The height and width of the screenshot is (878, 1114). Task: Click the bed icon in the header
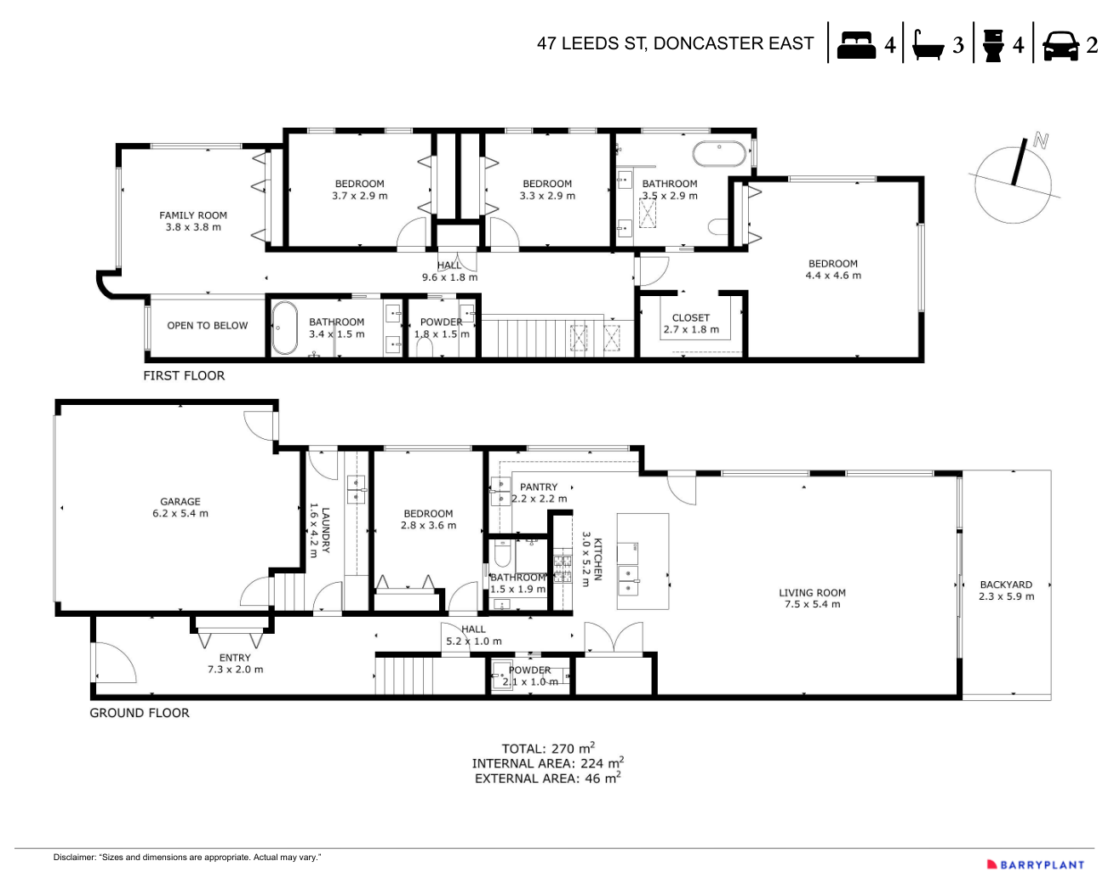coord(856,44)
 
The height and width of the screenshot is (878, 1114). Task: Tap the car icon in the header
coord(1060,45)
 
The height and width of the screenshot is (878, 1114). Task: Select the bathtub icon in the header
coord(927,45)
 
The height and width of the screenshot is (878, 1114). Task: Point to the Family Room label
coord(193,221)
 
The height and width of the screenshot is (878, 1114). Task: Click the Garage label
coord(180,508)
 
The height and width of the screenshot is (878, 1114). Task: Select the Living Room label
coord(812,598)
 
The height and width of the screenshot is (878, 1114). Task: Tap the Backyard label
coord(1006,590)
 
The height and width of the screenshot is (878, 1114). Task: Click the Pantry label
coord(539,493)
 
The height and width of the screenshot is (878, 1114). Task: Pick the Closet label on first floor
coord(690,323)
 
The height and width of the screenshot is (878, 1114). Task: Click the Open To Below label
coord(207,326)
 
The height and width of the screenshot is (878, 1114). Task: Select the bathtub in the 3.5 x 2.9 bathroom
coord(719,154)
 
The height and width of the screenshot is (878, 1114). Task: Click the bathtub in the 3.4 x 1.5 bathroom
coord(284,328)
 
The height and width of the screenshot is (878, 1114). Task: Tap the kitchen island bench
coord(643,561)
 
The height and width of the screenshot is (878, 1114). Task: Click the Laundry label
coord(320,530)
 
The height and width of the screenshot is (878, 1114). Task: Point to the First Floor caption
coord(184,375)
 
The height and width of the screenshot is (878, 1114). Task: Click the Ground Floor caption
coord(140,713)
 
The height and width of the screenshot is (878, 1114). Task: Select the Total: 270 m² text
coord(547,749)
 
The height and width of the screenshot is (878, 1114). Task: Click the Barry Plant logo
coord(1036,864)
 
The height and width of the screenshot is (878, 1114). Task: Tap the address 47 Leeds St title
coord(675,43)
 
